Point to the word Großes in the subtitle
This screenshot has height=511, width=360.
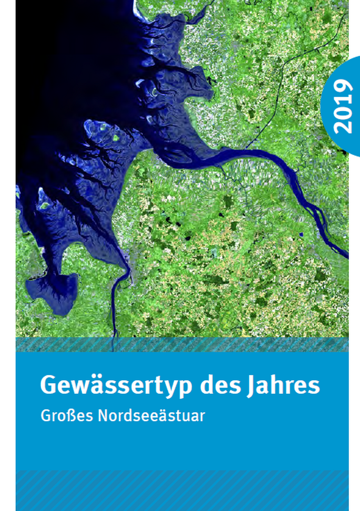pos(64,415)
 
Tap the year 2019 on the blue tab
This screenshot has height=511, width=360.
pos(342,106)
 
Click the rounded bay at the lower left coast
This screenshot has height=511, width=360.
pos(53,292)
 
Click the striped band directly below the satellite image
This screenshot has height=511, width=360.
pos(182,344)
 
